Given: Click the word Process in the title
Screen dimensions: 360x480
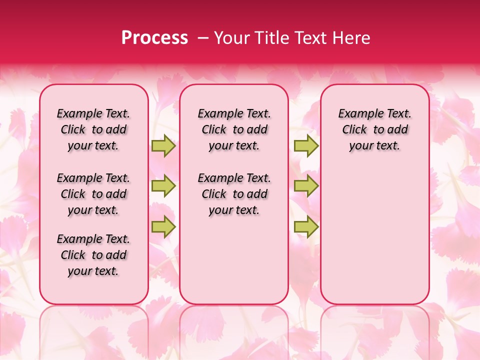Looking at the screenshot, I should pyautogui.click(x=154, y=37).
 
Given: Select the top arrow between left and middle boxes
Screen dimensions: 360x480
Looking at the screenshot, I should pyautogui.click(x=163, y=145).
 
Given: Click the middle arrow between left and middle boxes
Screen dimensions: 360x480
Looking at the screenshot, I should pyautogui.click(x=163, y=186).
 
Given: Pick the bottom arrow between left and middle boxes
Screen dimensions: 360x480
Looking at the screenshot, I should pyautogui.click(x=163, y=226).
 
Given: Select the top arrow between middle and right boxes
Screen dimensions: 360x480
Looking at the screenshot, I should pyautogui.click(x=306, y=145).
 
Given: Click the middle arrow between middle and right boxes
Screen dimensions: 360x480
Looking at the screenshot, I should pyautogui.click(x=306, y=186).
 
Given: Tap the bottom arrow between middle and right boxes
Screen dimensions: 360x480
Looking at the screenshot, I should pyautogui.click(x=306, y=226).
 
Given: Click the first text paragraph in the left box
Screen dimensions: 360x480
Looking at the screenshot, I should pyautogui.click(x=93, y=129).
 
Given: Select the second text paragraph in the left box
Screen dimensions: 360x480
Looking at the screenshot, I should pyautogui.click(x=93, y=194).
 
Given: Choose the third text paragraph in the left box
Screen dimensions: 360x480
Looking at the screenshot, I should pyautogui.click(x=93, y=255).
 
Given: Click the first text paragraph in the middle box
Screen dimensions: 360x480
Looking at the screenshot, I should pyautogui.click(x=234, y=129).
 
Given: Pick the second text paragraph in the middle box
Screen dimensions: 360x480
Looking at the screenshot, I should pyautogui.click(x=234, y=194).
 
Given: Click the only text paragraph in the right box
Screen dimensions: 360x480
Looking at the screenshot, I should pyautogui.click(x=375, y=129).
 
